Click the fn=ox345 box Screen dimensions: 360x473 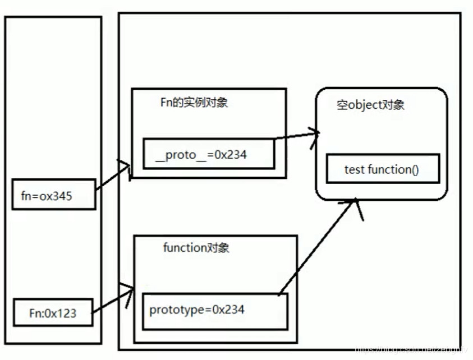pyautogui.click(x=54, y=195)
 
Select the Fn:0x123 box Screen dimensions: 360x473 pyautogui.click(x=52, y=313)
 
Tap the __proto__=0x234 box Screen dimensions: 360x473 pyautogui.click(x=208, y=154)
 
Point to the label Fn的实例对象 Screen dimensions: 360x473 pyautogui.click(x=194, y=103)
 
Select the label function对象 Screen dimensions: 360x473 pyautogui.click(x=196, y=248)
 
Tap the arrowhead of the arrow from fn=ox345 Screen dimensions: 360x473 pyautogui.click(x=127, y=167)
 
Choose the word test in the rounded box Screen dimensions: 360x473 pyautogui.click(x=354, y=169)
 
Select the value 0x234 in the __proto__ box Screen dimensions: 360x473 pyautogui.click(x=230, y=154)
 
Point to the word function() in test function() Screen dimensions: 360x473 pyautogui.click(x=393, y=169)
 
